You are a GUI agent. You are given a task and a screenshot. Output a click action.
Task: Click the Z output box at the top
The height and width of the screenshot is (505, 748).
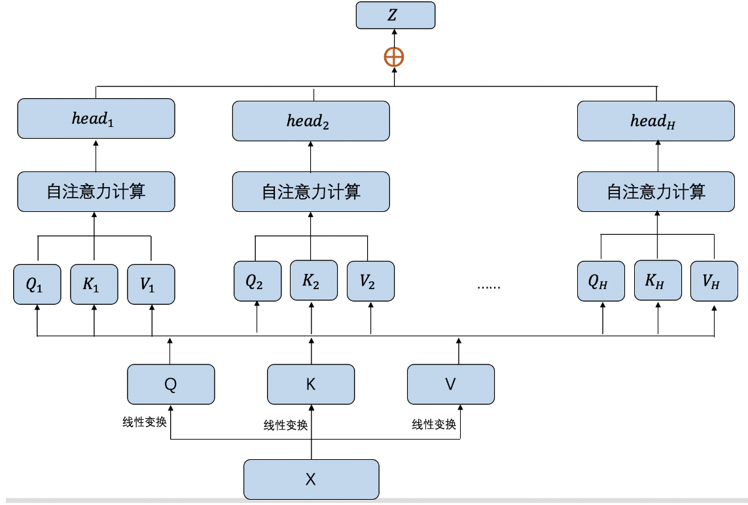(x=395, y=15)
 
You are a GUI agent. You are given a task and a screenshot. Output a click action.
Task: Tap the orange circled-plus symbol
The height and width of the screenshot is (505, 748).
(x=394, y=58)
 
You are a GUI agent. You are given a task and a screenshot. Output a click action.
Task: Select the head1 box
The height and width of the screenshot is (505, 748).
(x=96, y=119)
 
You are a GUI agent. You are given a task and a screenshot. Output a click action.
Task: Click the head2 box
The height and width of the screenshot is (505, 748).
(x=311, y=121)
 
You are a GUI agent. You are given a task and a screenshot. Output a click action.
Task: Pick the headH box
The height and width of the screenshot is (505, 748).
(x=656, y=121)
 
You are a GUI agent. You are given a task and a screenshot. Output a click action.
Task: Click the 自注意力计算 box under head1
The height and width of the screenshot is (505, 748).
(x=96, y=192)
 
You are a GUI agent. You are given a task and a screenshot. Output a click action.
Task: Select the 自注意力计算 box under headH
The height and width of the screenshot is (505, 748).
(x=656, y=192)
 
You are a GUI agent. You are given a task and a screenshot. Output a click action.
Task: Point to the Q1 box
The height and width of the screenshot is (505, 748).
(x=37, y=285)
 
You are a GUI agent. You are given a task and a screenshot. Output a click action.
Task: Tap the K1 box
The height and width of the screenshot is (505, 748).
(x=94, y=285)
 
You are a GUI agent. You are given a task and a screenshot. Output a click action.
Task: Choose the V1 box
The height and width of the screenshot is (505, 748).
(x=151, y=285)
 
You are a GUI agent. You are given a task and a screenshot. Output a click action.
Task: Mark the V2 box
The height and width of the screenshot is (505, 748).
(x=371, y=281)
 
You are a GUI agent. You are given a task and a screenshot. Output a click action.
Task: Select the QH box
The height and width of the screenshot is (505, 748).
(x=601, y=281)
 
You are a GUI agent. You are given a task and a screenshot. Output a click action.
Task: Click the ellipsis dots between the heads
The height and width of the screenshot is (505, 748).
(x=489, y=287)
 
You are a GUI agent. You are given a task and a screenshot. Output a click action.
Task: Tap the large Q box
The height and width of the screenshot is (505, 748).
(x=171, y=385)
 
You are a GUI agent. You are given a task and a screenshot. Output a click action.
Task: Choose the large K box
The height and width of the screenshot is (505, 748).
(x=311, y=385)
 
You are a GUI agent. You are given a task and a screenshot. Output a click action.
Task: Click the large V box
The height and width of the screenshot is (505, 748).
(x=451, y=385)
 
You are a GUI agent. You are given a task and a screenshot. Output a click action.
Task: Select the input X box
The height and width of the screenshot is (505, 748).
(x=311, y=479)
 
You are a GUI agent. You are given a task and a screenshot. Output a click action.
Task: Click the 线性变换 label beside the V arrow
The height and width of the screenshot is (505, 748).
(x=433, y=425)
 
